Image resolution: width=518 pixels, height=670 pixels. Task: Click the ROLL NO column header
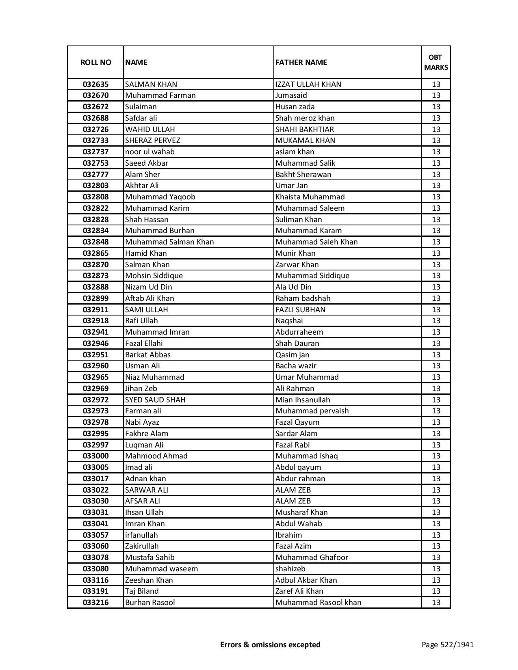(x=95, y=62)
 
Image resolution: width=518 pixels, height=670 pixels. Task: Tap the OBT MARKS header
(x=436, y=62)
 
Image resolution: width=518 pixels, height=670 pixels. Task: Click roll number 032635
(x=95, y=84)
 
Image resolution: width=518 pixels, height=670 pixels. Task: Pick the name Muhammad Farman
(x=160, y=95)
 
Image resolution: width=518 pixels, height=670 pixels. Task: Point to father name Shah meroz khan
(x=305, y=118)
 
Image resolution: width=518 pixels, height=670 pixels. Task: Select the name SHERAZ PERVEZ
(x=152, y=140)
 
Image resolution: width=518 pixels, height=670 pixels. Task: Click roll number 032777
(x=95, y=174)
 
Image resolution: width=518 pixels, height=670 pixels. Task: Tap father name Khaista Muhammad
(x=310, y=197)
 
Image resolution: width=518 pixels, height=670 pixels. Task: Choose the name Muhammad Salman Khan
(x=169, y=242)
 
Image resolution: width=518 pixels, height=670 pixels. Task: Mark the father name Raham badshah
(x=303, y=298)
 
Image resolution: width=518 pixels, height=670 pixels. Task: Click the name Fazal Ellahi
(x=144, y=344)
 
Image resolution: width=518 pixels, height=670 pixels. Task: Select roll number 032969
(x=95, y=389)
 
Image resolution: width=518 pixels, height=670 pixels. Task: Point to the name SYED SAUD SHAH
(x=155, y=400)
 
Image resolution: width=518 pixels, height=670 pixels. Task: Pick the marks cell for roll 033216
(x=436, y=603)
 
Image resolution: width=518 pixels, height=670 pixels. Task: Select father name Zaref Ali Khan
(x=299, y=591)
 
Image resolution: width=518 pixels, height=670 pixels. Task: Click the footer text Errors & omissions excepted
(x=270, y=644)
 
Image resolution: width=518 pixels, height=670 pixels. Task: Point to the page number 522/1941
(x=448, y=644)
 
